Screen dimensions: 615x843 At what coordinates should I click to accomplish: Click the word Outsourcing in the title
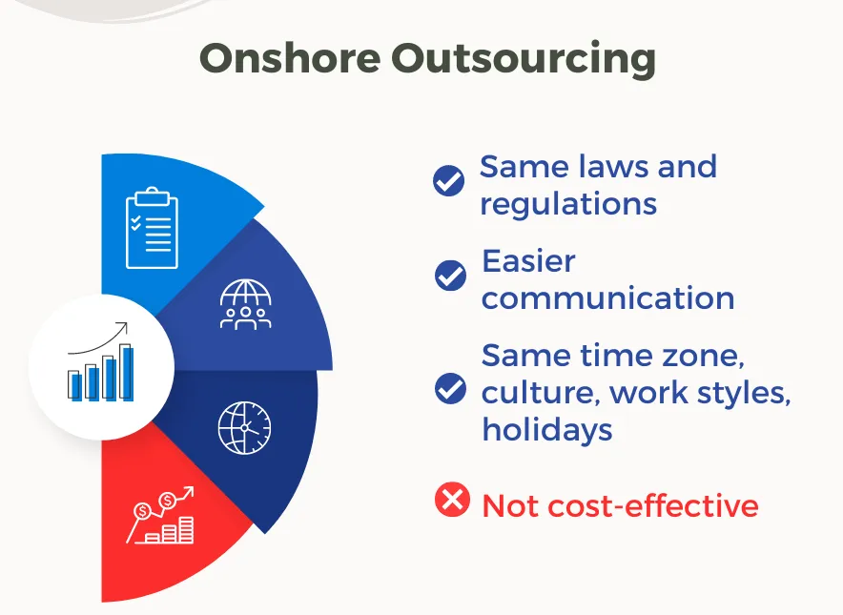point(524,58)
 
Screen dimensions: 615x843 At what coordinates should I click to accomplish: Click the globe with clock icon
point(244,427)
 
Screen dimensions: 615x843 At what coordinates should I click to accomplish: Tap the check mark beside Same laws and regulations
point(449,180)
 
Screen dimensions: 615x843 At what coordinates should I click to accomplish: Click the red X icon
point(451,500)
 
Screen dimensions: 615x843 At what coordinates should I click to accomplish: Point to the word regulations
point(568,203)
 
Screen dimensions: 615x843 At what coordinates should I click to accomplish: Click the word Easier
point(528,260)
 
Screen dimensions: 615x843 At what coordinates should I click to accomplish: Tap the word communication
point(607,297)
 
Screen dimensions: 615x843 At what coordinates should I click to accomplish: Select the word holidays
point(546,429)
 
